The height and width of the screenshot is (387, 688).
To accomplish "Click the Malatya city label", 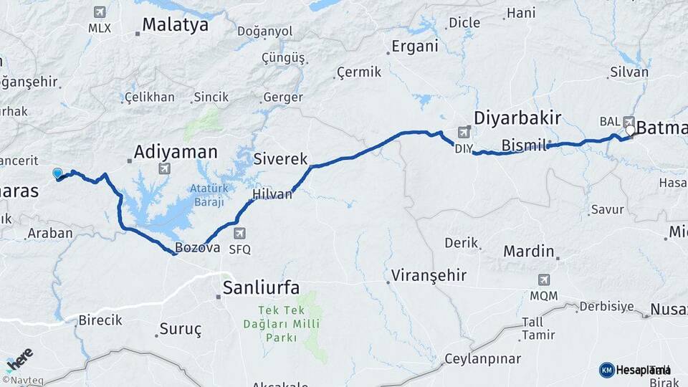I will click(175, 24).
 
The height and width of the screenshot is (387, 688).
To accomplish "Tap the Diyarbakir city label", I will click(517, 118).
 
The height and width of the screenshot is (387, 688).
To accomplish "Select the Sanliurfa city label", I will click(259, 287).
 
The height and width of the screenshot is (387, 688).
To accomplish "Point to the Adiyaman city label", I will click(176, 152).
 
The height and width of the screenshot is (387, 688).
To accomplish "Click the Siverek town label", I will click(280, 158).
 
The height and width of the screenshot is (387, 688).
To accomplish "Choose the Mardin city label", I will click(529, 252).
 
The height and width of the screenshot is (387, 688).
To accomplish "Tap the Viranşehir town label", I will click(429, 275).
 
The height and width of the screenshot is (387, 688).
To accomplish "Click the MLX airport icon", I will click(99, 12).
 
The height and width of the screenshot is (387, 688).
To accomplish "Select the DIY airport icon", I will click(464, 132).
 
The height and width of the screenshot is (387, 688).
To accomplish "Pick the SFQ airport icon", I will click(239, 233).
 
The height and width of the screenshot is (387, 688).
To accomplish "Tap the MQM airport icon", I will click(543, 279).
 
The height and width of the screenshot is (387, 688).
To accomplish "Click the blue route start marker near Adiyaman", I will click(57, 173).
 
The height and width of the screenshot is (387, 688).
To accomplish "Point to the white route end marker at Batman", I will click(630, 130).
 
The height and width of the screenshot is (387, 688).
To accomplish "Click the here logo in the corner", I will click(19, 359).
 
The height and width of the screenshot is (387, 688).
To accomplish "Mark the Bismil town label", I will click(524, 145).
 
